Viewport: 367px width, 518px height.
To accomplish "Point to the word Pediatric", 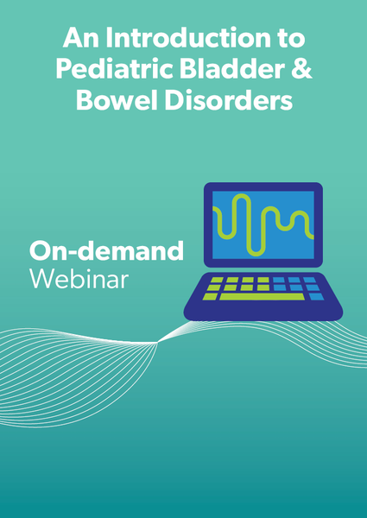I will (111, 70).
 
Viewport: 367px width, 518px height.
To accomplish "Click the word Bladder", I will (232, 70).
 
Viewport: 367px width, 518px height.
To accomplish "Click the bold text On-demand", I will (106, 251).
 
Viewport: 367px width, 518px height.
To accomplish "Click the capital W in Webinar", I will (41, 280).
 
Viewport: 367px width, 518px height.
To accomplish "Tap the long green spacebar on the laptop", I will (262, 296).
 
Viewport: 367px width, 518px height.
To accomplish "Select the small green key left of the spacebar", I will (211, 296).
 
